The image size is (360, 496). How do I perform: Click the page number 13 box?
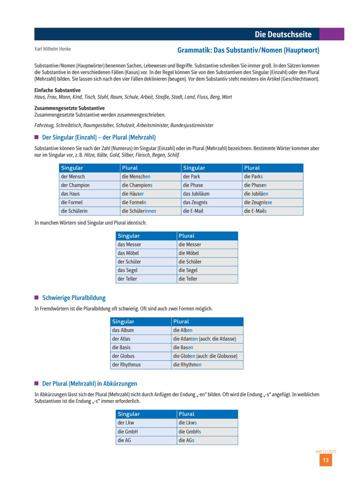click(x=325, y=460)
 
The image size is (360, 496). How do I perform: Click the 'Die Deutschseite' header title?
click(x=283, y=34)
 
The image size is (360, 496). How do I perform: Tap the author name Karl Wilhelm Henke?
click(x=52, y=49)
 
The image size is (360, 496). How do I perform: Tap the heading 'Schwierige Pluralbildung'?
click(x=74, y=298)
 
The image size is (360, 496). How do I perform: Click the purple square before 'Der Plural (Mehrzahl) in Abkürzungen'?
click(x=36, y=383)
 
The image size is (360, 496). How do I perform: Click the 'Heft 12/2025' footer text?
click(x=325, y=451)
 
